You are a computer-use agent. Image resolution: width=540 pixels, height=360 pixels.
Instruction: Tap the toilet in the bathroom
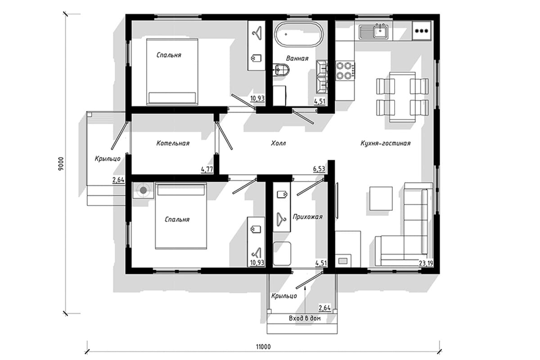281,70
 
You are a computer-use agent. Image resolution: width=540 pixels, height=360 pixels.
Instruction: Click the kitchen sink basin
381,32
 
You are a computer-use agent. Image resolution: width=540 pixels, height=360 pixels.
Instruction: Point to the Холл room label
278,144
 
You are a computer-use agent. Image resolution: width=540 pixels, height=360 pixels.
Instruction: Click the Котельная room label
173,144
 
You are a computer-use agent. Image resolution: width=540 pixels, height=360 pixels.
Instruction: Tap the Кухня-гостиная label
386,144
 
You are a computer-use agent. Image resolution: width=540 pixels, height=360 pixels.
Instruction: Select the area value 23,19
426,263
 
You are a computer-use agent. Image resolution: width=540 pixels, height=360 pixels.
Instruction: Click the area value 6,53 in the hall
319,169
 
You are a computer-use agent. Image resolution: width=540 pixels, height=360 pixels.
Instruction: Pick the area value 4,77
207,170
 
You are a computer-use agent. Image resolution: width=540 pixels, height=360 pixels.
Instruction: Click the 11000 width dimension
263,347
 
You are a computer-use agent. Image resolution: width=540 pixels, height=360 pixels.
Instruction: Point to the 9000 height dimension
61,164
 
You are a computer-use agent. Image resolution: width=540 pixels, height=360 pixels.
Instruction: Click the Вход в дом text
305,318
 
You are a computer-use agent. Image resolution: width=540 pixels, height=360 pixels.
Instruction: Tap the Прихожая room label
308,217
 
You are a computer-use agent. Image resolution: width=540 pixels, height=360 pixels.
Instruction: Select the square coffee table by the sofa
381,198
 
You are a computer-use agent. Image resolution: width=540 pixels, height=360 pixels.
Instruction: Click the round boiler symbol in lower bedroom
144,190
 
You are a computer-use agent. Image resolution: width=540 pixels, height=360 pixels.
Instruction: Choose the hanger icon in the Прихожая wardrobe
281,219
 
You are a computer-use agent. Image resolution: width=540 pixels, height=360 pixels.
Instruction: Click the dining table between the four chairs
402,97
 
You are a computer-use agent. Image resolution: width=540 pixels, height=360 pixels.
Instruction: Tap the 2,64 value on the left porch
118,180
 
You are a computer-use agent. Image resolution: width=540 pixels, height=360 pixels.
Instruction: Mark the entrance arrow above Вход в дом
305,300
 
